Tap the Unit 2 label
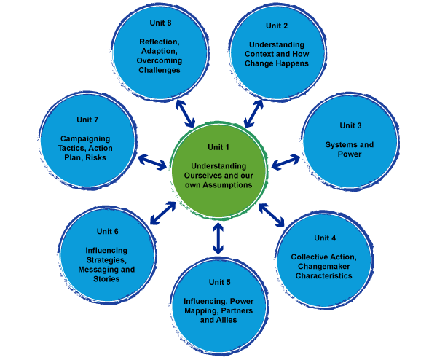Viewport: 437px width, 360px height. tap(277, 26)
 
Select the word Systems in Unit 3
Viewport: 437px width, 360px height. tap(339, 144)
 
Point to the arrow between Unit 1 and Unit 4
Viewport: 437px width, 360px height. tap(272, 214)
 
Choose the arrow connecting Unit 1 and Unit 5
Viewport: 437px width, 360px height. tap(218, 238)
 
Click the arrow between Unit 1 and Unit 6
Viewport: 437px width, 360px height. tap(162, 212)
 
